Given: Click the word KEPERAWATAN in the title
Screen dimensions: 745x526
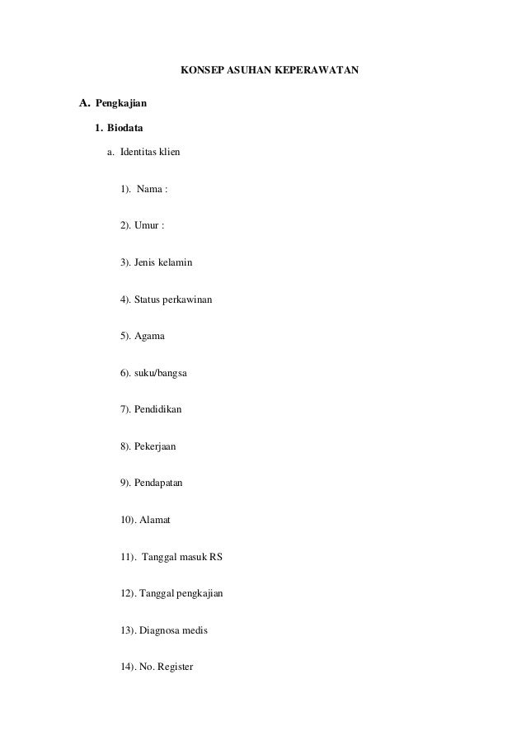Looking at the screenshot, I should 317,72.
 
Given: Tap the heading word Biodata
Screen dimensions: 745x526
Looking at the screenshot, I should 124,127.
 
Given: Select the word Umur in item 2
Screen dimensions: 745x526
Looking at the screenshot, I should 146,226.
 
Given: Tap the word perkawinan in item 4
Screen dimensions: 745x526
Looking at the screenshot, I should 189,299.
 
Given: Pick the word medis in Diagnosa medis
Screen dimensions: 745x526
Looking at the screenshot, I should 195,629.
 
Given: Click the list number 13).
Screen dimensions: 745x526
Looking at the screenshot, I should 129,629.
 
